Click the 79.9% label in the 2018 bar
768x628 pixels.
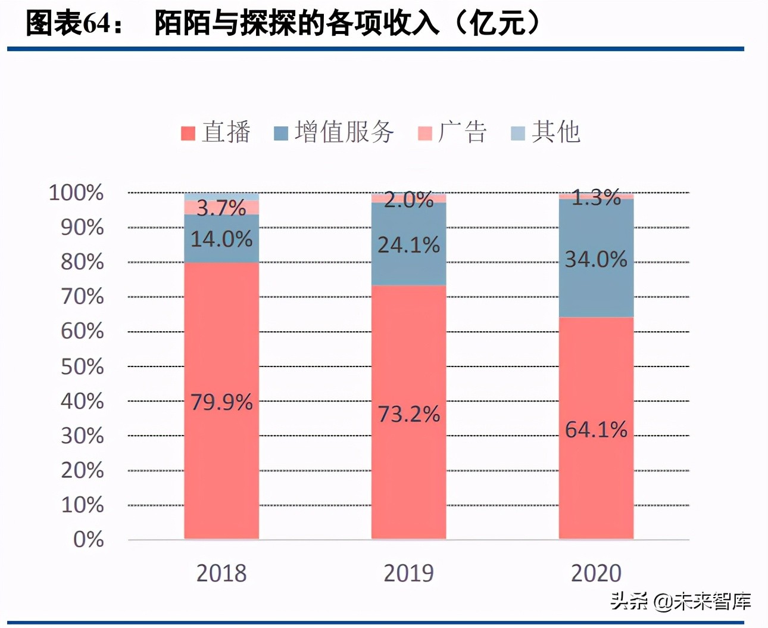[221, 402]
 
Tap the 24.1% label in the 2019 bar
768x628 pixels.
[408, 245]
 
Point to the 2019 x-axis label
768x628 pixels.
[408, 573]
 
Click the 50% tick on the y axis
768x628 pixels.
[82, 366]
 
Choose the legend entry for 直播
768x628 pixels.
[216, 132]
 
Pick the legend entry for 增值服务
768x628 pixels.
[334, 132]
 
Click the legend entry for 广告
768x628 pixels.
[452, 132]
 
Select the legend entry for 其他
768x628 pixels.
[545, 132]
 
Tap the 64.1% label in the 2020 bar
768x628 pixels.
[596, 430]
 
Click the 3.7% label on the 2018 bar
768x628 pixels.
[221, 208]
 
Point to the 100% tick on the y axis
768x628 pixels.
[76, 193]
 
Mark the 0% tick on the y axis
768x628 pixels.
[88, 540]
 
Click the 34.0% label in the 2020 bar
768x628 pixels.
[596, 259]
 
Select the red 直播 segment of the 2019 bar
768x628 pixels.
[408, 357]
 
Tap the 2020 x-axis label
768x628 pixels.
[596, 573]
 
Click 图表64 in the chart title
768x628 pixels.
[68, 24]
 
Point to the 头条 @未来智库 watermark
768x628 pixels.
[680, 601]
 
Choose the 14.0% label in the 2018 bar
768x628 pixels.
[221, 239]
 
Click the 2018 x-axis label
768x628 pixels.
[221, 573]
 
